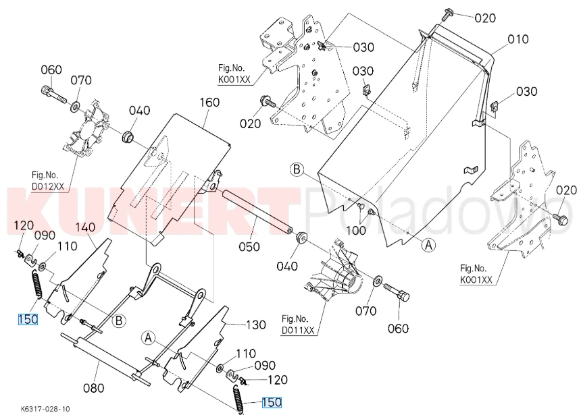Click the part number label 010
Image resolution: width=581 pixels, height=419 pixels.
[x=518, y=39]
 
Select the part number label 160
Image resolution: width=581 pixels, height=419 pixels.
[x=209, y=102]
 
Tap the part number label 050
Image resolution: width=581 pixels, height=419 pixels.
[x=249, y=246]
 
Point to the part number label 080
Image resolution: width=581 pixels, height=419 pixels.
[x=93, y=388]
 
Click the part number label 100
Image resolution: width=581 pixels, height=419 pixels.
[x=356, y=231]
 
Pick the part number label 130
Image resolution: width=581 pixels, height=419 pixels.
[x=255, y=325]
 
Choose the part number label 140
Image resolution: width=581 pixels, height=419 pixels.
[x=85, y=227]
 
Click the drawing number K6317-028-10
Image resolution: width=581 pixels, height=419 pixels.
[x=45, y=409]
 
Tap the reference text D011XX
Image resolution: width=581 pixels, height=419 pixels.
[x=298, y=329]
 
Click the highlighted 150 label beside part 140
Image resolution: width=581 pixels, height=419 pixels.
[x=28, y=318]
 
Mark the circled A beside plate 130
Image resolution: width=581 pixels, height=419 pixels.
[x=148, y=337]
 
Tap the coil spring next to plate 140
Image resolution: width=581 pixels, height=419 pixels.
[x=37, y=284]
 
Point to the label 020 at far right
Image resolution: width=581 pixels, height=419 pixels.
[x=567, y=190]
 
